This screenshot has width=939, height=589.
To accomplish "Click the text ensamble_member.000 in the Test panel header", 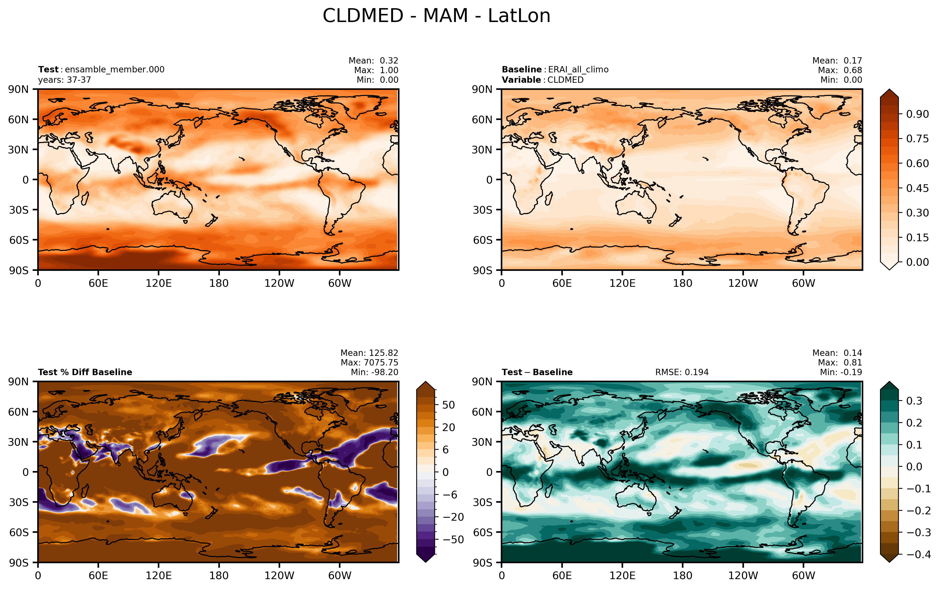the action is (114, 70).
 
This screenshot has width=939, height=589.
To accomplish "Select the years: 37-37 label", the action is (64, 80).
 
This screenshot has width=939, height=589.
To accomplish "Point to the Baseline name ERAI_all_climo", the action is (578, 70).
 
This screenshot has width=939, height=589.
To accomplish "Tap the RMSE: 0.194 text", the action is (682, 372).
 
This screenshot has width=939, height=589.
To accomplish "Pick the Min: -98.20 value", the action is (375, 372).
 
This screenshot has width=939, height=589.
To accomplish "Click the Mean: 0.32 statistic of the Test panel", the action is (373, 61).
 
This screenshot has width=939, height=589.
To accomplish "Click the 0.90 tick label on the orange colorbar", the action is (917, 114).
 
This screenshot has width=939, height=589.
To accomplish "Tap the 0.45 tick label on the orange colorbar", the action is (917, 188).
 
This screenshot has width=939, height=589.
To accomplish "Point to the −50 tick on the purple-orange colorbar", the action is (453, 540).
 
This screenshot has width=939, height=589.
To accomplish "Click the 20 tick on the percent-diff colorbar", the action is (449, 427).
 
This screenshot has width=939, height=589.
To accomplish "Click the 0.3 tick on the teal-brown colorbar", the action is (914, 401).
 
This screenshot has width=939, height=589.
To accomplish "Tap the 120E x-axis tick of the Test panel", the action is (159, 283).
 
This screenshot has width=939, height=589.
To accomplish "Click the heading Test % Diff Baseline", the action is (85, 372).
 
